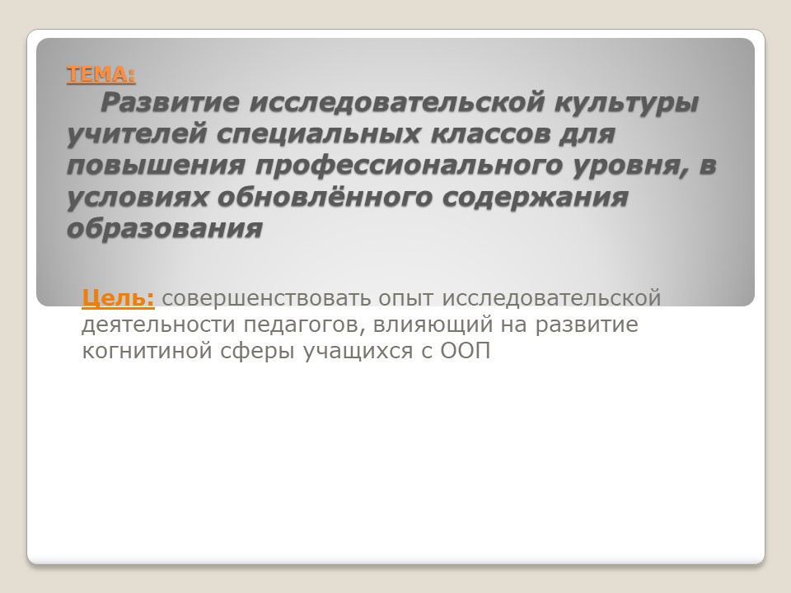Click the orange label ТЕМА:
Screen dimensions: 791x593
point(101,74)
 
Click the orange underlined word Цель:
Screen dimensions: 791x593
point(118,297)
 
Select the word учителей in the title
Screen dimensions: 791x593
point(138,134)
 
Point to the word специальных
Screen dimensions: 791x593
point(319,134)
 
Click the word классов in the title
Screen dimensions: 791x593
point(489,133)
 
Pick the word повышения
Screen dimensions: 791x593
point(156,166)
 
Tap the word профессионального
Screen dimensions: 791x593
point(409,166)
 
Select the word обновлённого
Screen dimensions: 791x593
point(325,197)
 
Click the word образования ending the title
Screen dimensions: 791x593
point(165,229)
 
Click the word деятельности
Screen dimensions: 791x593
point(158,325)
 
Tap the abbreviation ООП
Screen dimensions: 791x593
point(465,351)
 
